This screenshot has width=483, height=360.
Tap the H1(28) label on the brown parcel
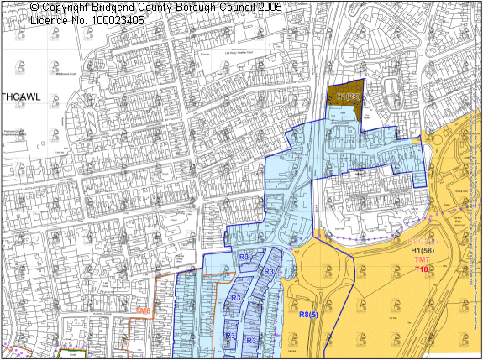[x=348, y=98]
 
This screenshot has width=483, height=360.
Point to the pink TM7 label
[x=422, y=260]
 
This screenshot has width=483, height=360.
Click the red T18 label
[x=422, y=269]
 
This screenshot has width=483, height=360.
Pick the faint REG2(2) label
[x=421, y=242]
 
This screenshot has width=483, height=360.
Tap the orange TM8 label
[x=144, y=311]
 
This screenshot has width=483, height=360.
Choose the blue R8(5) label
[x=308, y=314]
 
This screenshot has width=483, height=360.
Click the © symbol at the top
[x=34, y=7]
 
